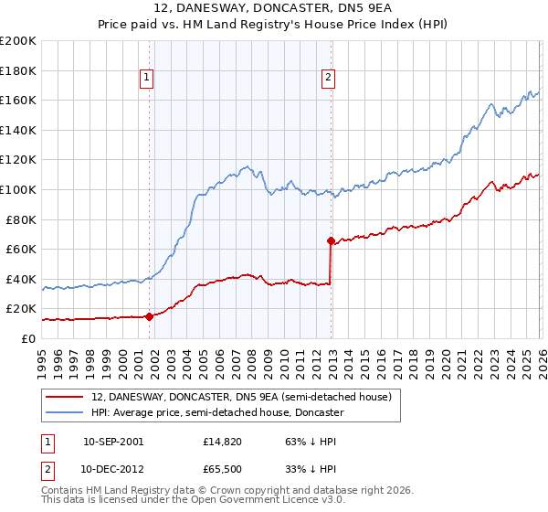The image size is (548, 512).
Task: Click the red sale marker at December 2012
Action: [331, 241]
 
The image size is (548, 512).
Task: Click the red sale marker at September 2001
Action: [149, 316]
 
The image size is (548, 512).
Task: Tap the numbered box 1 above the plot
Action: [146, 79]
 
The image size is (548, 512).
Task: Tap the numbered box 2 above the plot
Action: [328, 79]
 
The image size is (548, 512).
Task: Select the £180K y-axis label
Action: [18, 70]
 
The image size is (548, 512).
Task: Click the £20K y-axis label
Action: [21, 309]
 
